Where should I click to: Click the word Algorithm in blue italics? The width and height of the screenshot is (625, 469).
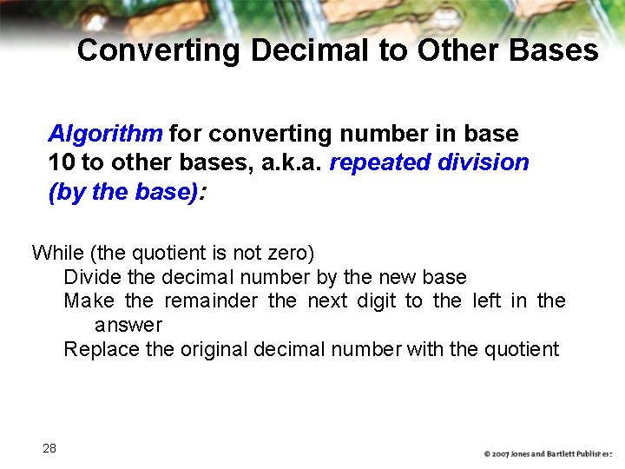pyautogui.click(x=105, y=134)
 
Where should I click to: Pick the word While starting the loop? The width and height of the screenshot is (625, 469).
pyautogui.click(x=56, y=253)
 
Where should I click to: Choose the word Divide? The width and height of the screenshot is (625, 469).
pyautogui.click(x=90, y=277)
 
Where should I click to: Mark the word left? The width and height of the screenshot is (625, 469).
pyautogui.click(x=487, y=301)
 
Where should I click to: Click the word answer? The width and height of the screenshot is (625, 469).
pyautogui.click(x=128, y=325)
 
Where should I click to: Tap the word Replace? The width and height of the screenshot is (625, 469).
pyautogui.click(x=98, y=349)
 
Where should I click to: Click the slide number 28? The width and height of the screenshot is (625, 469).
pyautogui.click(x=49, y=448)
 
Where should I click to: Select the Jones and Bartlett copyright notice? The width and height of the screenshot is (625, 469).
pyautogui.click(x=548, y=454)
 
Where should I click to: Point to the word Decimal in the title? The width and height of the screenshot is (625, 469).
pyautogui.click(x=310, y=50)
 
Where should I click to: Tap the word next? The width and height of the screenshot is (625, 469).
pyautogui.click(x=333, y=301)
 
